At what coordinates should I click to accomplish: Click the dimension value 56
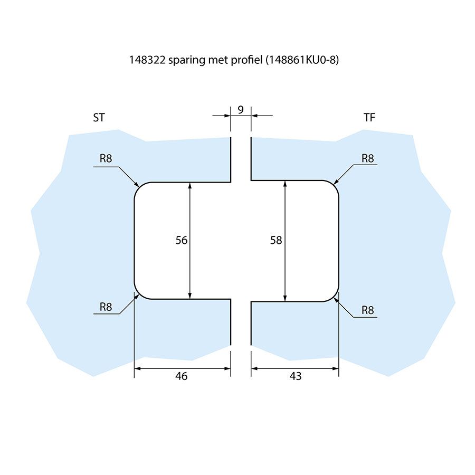[x=182, y=240]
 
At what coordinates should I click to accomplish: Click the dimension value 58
[x=276, y=240]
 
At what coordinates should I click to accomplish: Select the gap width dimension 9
[x=241, y=110]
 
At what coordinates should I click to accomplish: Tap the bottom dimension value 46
[x=181, y=376]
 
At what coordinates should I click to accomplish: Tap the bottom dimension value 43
[x=296, y=376]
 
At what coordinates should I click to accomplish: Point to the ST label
[x=99, y=118]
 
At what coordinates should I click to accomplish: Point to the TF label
[x=369, y=118]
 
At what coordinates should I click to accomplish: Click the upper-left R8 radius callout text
[x=106, y=158]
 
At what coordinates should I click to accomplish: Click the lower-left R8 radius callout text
[x=106, y=307]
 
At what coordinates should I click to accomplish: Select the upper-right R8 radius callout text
[x=368, y=158]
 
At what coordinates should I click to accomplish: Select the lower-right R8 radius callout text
[x=368, y=310]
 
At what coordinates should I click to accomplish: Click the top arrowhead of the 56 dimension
[x=189, y=185]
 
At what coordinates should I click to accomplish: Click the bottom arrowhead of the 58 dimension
[x=285, y=298]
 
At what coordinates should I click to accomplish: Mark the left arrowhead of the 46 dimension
[x=137, y=368]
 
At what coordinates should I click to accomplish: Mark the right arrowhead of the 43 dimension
[x=335, y=368]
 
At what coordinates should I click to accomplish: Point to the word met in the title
[x=216, y=60]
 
